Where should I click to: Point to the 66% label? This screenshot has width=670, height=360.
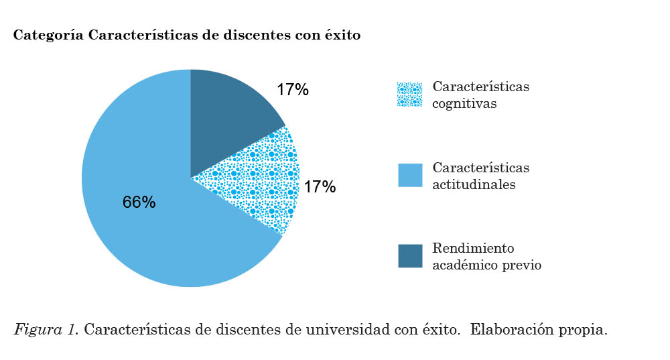coord(139,202)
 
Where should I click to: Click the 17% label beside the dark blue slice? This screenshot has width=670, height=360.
coord(292,90)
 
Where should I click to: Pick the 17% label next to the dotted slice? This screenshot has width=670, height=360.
coord(320,187)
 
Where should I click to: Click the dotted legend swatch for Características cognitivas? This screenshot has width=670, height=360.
coord(410,95)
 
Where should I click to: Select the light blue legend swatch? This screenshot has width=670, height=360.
coord(410,175)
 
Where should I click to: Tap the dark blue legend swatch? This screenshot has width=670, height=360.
coord(410,255)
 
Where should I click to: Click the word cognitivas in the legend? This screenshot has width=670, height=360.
coord(464,104)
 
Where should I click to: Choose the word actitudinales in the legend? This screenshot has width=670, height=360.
coord(474,185)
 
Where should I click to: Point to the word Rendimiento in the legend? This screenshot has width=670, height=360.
coord(473,248)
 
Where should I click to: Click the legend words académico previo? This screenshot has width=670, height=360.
coord(486,265)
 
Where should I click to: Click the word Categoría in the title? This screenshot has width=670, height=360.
coord(48,36)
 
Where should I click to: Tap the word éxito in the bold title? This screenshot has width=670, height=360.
coord(342,36)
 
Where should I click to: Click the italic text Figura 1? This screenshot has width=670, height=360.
coord(46,331)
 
